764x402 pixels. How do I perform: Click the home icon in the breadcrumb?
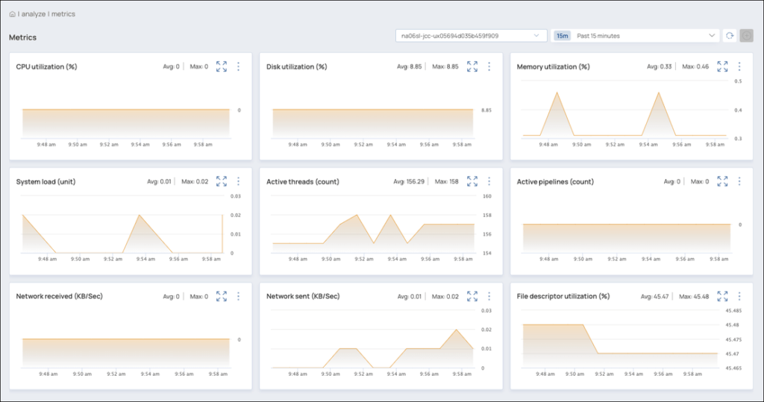tap(13, 14)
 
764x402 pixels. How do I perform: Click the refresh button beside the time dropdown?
tap(730, 36)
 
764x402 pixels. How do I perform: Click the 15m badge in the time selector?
tap(563, 36)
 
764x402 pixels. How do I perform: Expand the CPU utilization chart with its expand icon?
tap(222, 66)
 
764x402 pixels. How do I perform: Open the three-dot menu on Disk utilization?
tap(489, 66)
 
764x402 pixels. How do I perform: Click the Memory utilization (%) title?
tap(553, 66)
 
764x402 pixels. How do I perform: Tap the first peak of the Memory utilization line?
tap(557, 92)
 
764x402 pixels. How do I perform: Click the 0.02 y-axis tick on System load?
tap(235, 216)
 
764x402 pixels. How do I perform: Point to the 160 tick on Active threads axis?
tap(486, 197)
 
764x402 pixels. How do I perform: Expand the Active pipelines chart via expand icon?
tap(722, 181)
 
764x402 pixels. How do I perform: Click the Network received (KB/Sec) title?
tap(59, 296)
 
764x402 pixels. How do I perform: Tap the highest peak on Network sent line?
tap(457, 330)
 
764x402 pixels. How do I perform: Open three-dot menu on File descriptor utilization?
tap(739, 296)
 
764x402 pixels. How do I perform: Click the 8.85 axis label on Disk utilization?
tap(486, 110)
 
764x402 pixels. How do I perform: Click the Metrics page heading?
tap(22, 37)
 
